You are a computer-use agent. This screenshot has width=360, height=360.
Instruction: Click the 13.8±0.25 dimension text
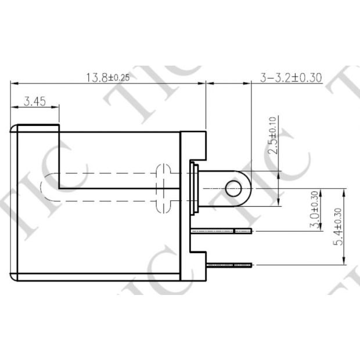pyautogui.click(x=107, y=77)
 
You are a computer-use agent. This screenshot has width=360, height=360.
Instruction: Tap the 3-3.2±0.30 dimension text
pyautogui.click(x=291, y=77)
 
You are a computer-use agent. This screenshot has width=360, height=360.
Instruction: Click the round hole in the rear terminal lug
pyautogui.click(x=233, y=188)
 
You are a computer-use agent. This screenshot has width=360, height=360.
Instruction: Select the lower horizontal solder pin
pyautogui.click(x=230, y=265)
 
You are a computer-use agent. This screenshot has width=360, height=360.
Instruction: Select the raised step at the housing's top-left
pyautogui.click(x=38, y=128)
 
